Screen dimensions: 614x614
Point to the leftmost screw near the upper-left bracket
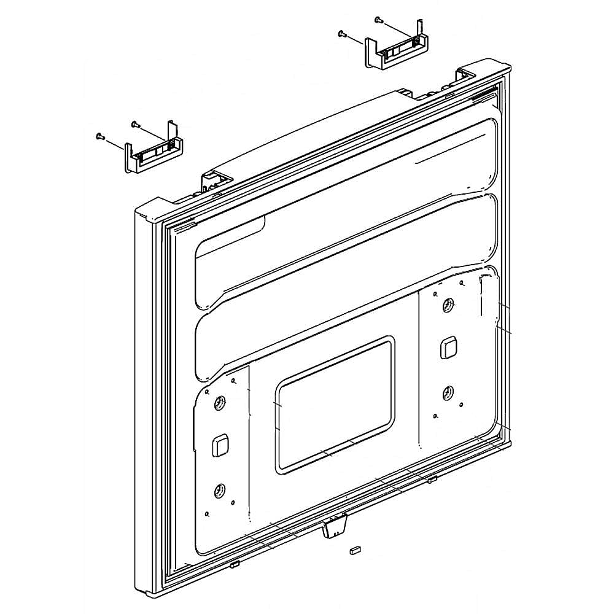(x=99, y=136)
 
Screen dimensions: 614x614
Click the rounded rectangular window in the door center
(x=335, y=405)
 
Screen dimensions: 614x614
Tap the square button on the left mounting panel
(x=220, y=445)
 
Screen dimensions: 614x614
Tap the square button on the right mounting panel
(x=447, y=348)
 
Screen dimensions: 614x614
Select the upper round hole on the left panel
(x=219, y=403)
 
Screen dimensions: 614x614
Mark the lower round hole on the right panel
(x=448, y=391)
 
